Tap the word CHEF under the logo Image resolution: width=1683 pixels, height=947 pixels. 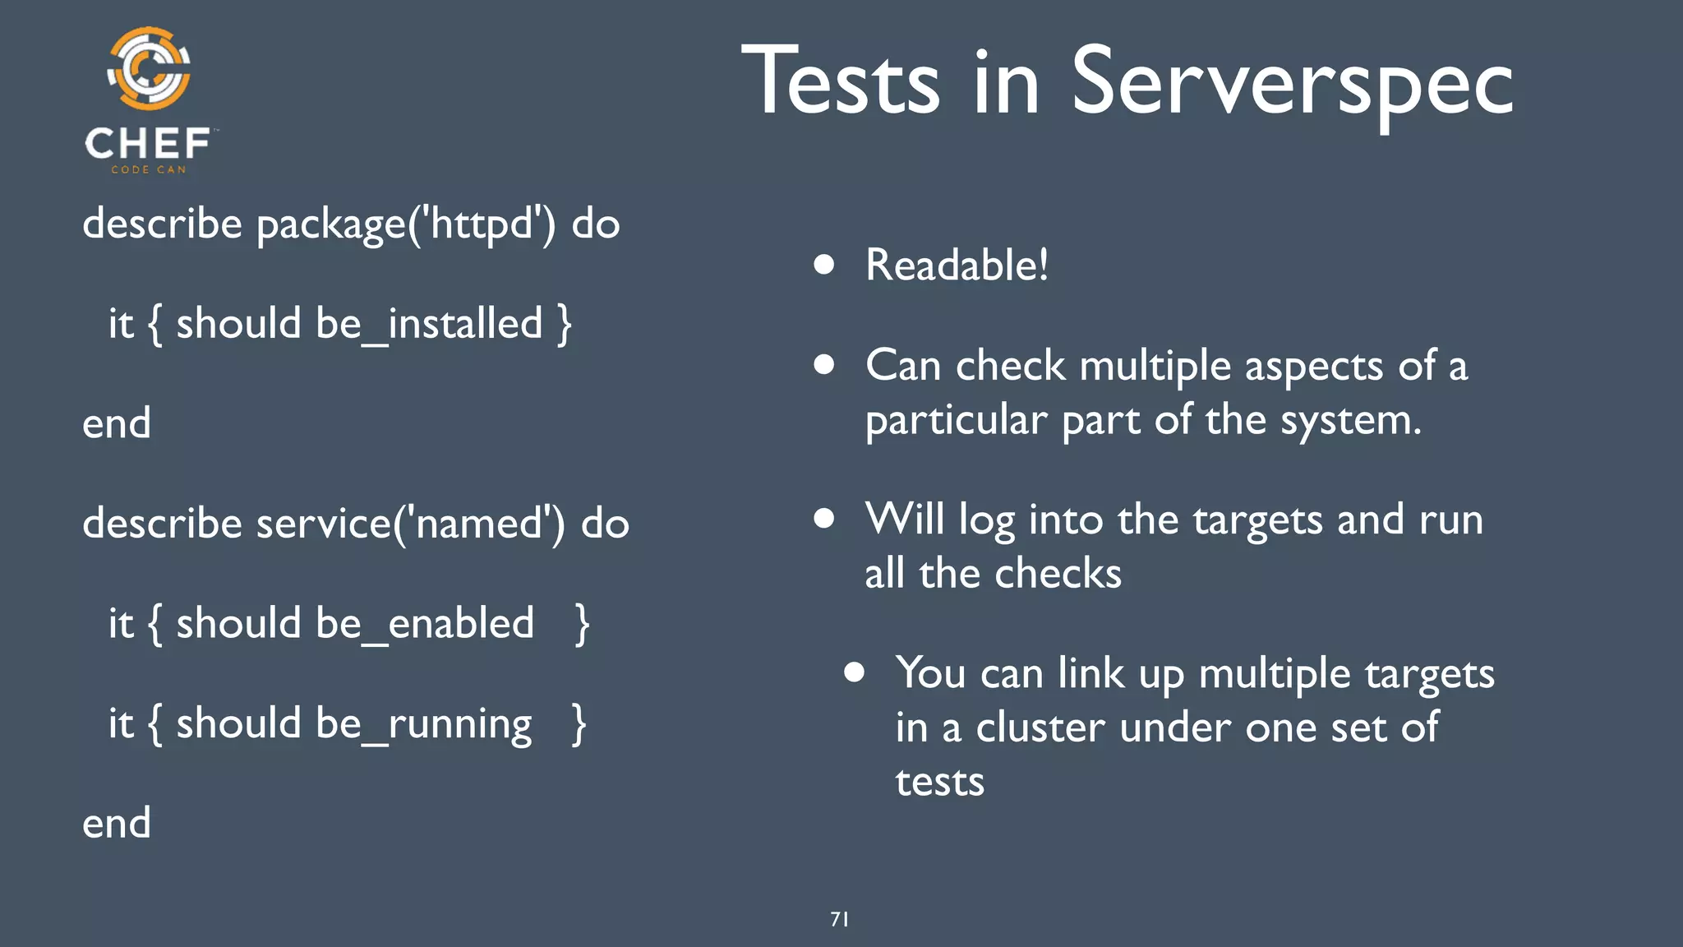tap(148, 144)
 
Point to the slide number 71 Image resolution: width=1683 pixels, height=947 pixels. tap(839, 919)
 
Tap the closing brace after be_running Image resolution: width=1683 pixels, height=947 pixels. tap(579, 724)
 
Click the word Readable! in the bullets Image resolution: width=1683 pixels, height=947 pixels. tap(957, 266)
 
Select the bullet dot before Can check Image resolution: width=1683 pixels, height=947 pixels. tap(824, 365)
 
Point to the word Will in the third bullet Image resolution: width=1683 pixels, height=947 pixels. tap(904, 520)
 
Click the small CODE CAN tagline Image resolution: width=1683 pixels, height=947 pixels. tap(149, 169)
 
